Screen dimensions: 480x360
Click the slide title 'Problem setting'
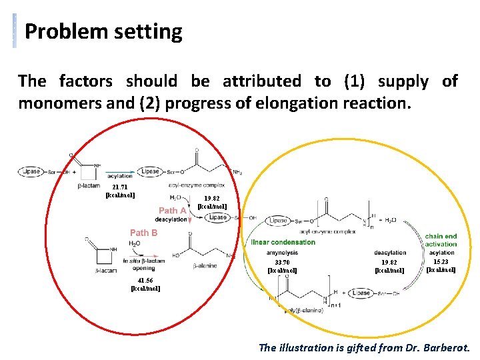point(103,31)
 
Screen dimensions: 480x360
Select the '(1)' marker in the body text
point(355,81)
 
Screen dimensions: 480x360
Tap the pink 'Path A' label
point(172,211)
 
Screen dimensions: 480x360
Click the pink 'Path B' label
point(143,233)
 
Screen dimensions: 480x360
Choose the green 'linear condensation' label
point(283,242)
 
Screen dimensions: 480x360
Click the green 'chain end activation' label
point(441,240)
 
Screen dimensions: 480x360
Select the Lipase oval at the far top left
point(31,171)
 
